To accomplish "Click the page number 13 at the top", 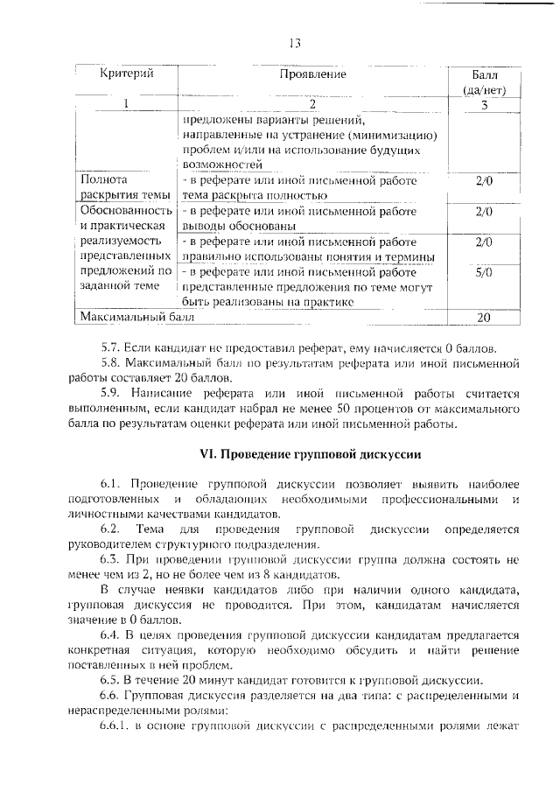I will (295, 44).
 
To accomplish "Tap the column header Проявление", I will (312, 74).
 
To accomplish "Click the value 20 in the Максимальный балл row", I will (484, 317).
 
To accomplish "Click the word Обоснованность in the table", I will (124, 211).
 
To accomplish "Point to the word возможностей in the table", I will (221, 164).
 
